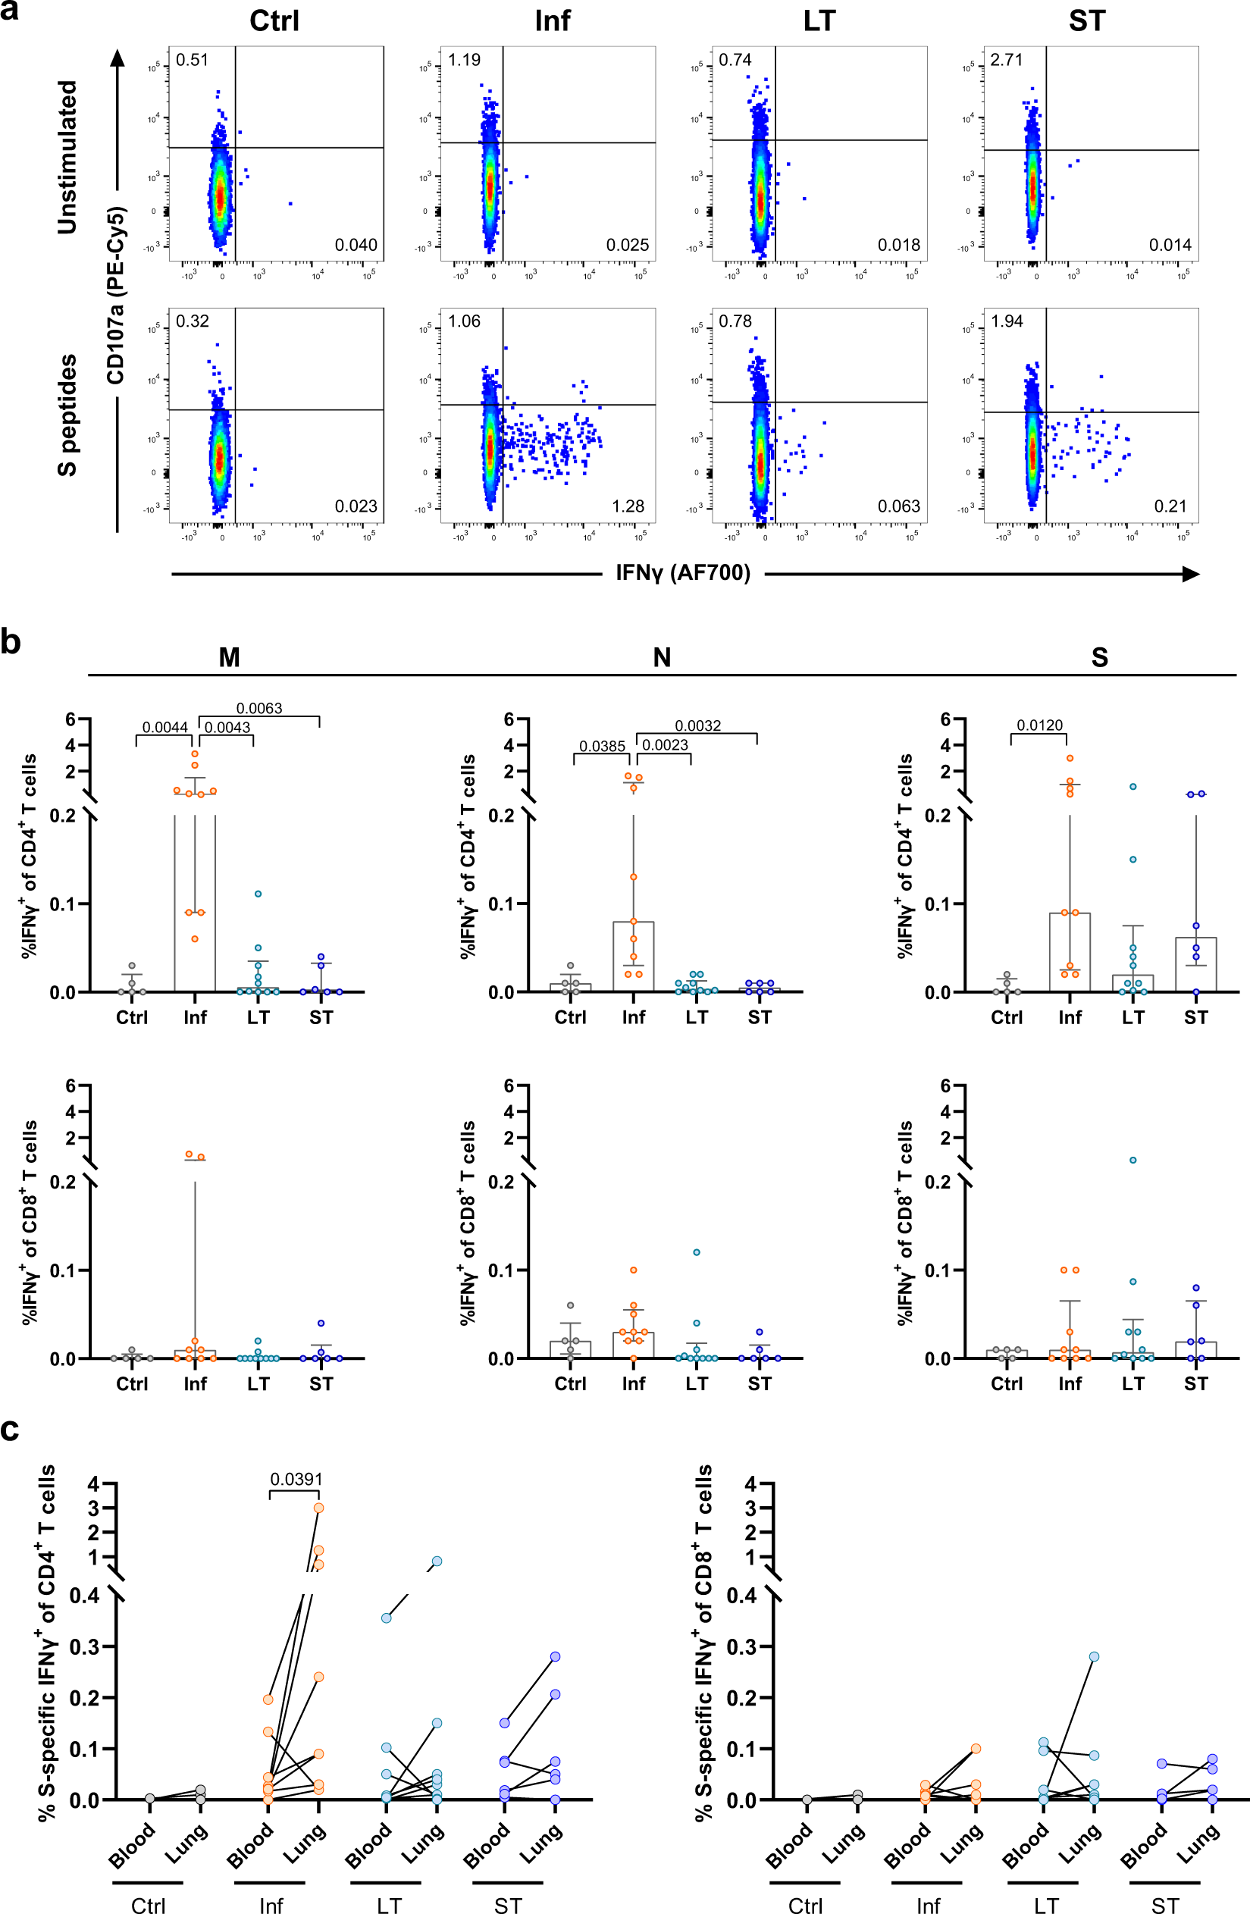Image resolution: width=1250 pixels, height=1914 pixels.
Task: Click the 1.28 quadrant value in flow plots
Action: tap(628, 506)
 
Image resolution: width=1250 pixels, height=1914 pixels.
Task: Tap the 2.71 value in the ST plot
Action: tap(1006, 60)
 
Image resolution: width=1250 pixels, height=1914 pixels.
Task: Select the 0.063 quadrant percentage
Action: tap(898, 506)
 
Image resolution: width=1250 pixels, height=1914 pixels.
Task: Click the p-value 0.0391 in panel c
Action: tap(296, 1479)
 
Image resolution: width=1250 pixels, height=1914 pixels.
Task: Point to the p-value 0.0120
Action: tap(1039, 725)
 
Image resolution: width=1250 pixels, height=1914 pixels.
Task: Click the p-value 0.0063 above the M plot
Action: tap(259, 708)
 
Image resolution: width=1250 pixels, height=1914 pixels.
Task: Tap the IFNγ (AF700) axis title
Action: tap(683, 572)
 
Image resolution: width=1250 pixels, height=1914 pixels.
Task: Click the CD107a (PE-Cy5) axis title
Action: tap(116, 295)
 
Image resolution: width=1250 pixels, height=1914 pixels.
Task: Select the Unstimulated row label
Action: tap(67, 157)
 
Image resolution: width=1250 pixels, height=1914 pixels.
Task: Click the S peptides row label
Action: tap(67, 415)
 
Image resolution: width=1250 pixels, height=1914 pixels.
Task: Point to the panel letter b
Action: tap(11, 643)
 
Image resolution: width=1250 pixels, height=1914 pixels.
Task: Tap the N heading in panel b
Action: tap(661, 657)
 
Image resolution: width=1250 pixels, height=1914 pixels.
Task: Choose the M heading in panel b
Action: tap(229, 657)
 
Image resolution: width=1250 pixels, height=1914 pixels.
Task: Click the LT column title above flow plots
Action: tap(819, 21)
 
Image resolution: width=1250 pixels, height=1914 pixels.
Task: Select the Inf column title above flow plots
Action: tap(552, 21)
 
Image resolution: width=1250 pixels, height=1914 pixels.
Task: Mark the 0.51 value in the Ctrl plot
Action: tap(192, 60)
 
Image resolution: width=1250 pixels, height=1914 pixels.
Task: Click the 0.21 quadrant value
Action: tap(1170, 506)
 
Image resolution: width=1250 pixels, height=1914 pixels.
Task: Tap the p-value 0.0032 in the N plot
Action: tap(697, 725)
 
